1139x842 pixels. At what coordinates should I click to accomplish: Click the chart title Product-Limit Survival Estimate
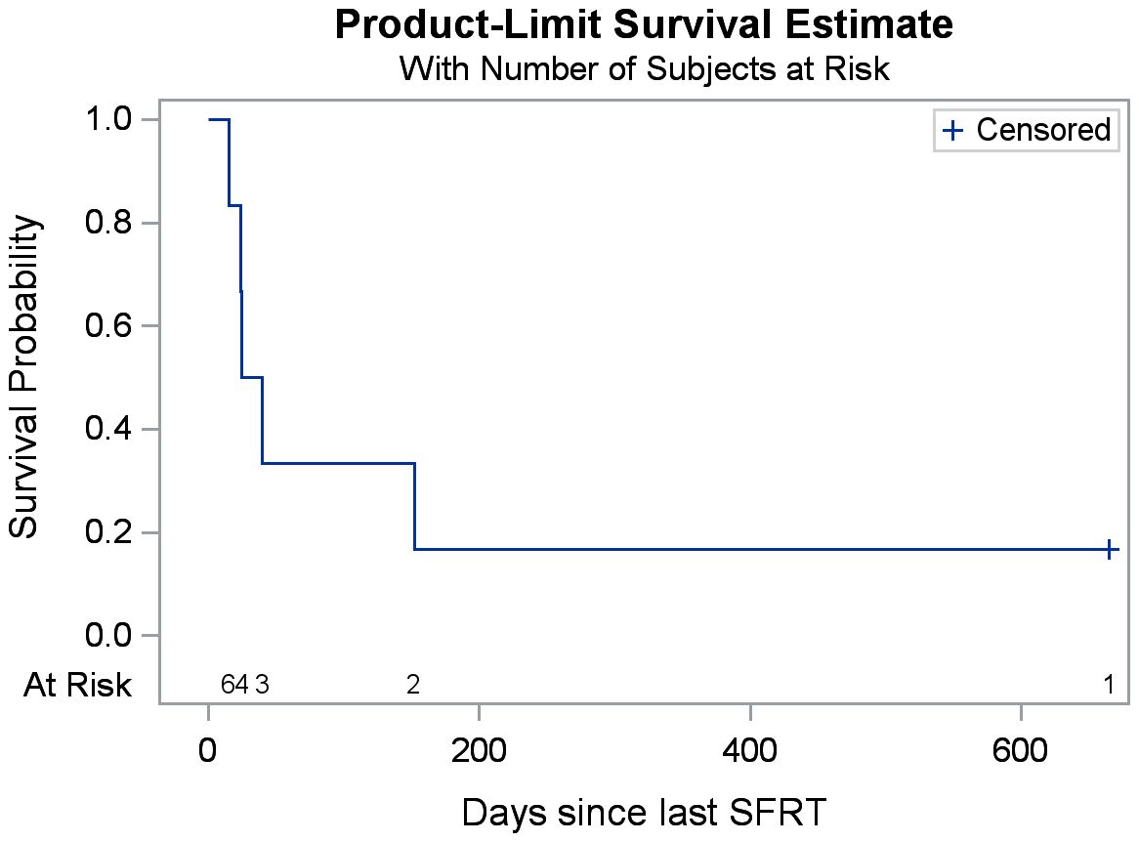tap(644, 25)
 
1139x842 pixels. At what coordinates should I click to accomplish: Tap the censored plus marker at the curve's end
tap(1110, 550)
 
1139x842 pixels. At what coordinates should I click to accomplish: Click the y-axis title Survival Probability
tap(26, 377)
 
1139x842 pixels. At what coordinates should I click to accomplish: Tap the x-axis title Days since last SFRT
tap(644, 813)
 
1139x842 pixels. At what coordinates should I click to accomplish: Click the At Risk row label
tap(77, 686)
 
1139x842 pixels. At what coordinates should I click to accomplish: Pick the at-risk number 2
tap(413, 685)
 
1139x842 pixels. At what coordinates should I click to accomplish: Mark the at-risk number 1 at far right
tap(1109, 685)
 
